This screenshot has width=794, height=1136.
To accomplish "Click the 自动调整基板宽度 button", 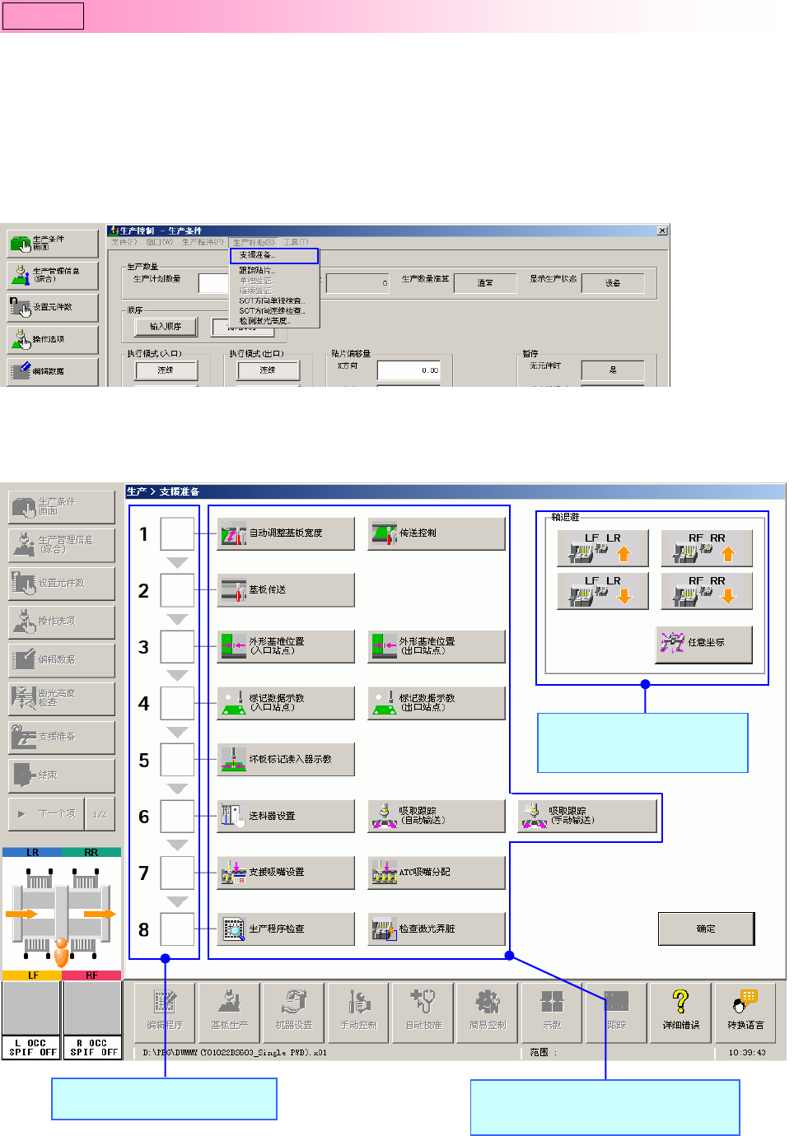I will (x=286, y=533).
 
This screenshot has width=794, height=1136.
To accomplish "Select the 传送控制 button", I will (x=436, y=533).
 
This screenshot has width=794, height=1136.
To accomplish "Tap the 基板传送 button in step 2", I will (x=286, y=590).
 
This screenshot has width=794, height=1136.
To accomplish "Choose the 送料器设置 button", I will (x=286, y=816).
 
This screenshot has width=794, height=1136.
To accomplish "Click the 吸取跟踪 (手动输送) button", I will (x=586, y=816).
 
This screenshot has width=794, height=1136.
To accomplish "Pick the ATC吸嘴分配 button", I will (x=436, y=873).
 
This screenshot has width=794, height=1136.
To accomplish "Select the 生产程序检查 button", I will (x=286, y=929).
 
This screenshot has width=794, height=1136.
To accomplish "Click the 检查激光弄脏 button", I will (x=436, y=929).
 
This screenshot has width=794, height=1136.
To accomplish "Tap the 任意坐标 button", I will (x=704, y=643).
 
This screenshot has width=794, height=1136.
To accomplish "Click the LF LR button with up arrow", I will (x=603, y=548).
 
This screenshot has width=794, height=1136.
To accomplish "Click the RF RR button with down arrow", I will (x=707, y=591).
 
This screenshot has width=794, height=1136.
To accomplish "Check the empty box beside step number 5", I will (x=177, y=760).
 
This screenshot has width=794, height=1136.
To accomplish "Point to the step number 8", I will (x=144, y=930).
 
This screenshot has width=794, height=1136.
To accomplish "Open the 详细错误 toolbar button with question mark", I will (x=680, y=1013).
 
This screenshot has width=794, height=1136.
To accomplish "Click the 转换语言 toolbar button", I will (x=745, y=1013).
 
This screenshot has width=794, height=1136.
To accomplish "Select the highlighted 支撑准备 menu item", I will (x=273, y=256).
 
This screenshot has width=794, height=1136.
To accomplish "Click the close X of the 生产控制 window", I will (x=662, y=230).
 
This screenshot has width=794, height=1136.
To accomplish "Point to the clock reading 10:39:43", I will (x=747, y=1052).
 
